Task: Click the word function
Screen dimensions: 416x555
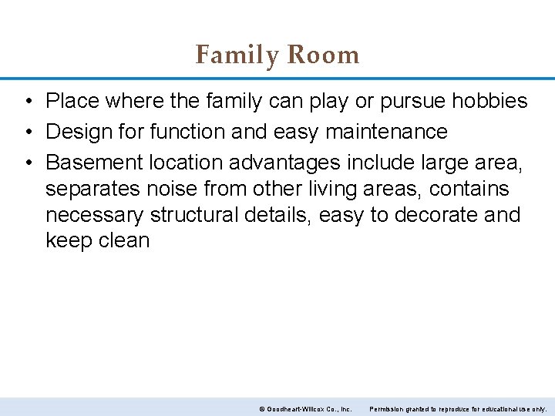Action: [x=188, y=132]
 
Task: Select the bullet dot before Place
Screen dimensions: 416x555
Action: [x=27, y=102]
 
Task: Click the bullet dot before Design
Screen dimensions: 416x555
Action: [x=27, y=133]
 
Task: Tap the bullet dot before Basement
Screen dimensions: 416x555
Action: [x=27, y=163]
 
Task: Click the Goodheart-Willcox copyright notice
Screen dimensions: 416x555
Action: [x=305, y=408]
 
